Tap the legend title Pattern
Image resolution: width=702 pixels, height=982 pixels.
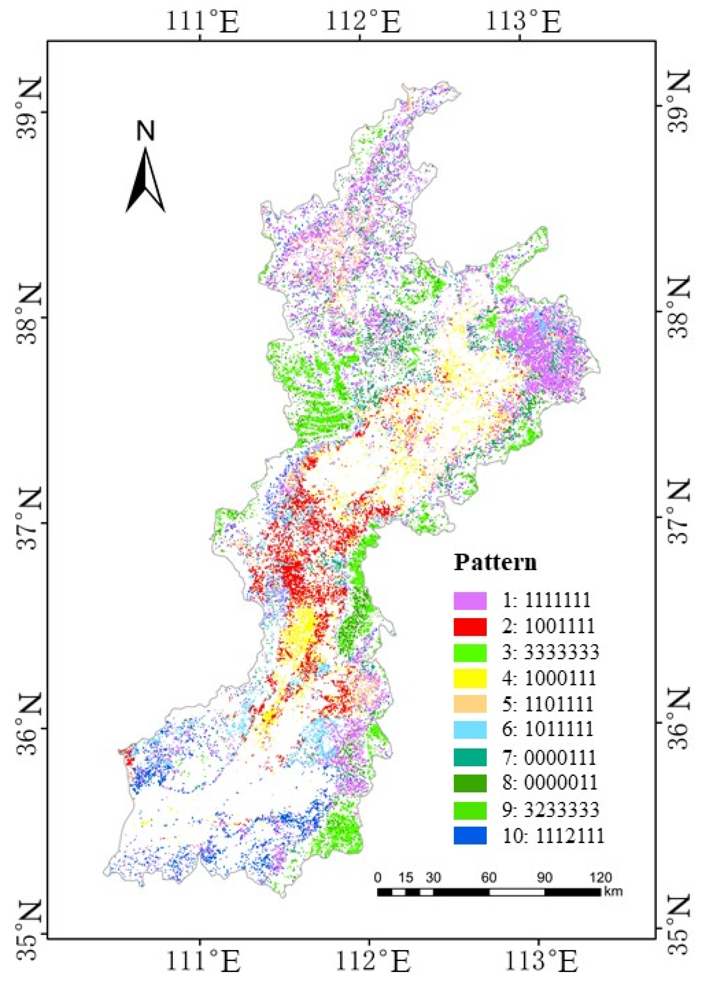coord(495,562)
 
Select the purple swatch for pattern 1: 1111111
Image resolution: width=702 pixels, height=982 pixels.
coord(470,601)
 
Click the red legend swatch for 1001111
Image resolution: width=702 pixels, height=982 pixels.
coord(470,627)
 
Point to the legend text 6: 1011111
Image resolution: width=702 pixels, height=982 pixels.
coord(548,729)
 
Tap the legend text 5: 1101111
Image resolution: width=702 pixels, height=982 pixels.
coord(548,704)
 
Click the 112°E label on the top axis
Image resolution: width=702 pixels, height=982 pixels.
coord(362,23)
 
